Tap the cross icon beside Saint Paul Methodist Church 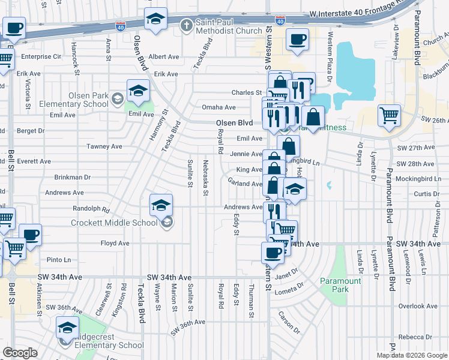[187, 25]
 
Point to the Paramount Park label [340, 285]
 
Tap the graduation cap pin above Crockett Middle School [160, 205]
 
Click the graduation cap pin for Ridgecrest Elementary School [67, 328]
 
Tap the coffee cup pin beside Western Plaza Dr [298, 40]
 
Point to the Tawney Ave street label [104, 146]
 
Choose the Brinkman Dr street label [72, 178]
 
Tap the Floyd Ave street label [115, 243]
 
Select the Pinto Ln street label [59, 260]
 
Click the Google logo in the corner [20, 353]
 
